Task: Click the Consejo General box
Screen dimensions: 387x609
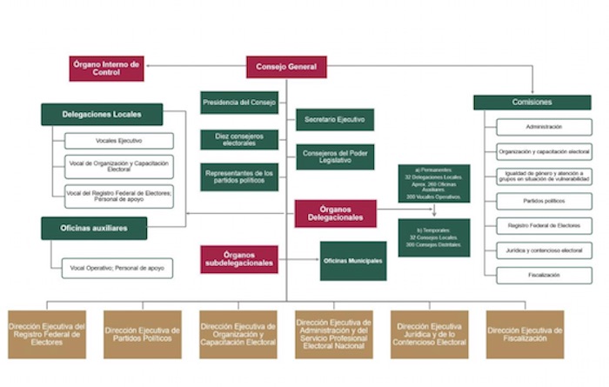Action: point(286,66)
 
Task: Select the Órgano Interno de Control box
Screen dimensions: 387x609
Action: point(106,68)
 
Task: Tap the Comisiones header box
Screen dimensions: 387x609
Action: point(519,102)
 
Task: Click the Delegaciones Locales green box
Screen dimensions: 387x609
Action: point(102,114)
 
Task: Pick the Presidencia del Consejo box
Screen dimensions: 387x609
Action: point(239,103)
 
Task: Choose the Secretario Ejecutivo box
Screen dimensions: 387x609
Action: point(335,119)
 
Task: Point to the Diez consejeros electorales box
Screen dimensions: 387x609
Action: point(239,139)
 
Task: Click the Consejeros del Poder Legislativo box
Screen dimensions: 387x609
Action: point(335,157)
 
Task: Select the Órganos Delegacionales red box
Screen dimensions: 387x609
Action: point(335,213)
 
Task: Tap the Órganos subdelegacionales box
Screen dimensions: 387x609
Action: point(239,259)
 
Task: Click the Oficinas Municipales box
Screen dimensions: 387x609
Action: point(353,260)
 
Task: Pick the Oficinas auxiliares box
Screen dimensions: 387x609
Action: point(94,229)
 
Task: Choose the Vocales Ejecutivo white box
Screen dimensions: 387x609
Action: point(119,141)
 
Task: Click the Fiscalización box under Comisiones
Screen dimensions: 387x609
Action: point(532,275)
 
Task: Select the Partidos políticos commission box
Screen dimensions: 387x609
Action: point(532,201)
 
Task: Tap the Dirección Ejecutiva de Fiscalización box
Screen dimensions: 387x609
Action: point(525,334)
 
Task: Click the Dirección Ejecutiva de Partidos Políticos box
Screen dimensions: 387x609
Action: point(142,334)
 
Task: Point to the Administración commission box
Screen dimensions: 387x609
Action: point(532,127)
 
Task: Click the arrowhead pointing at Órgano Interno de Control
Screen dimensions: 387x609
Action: point(148,66)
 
